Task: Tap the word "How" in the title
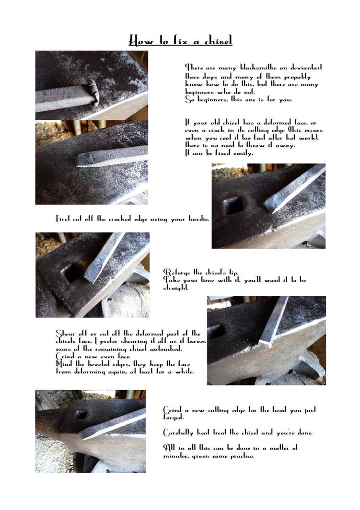(140, 41)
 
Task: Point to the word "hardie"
(197, 219)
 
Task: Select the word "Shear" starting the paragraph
(67, 333)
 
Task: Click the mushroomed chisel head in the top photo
(93, 92)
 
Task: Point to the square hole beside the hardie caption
(233, 205)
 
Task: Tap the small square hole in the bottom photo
(81, 414)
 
